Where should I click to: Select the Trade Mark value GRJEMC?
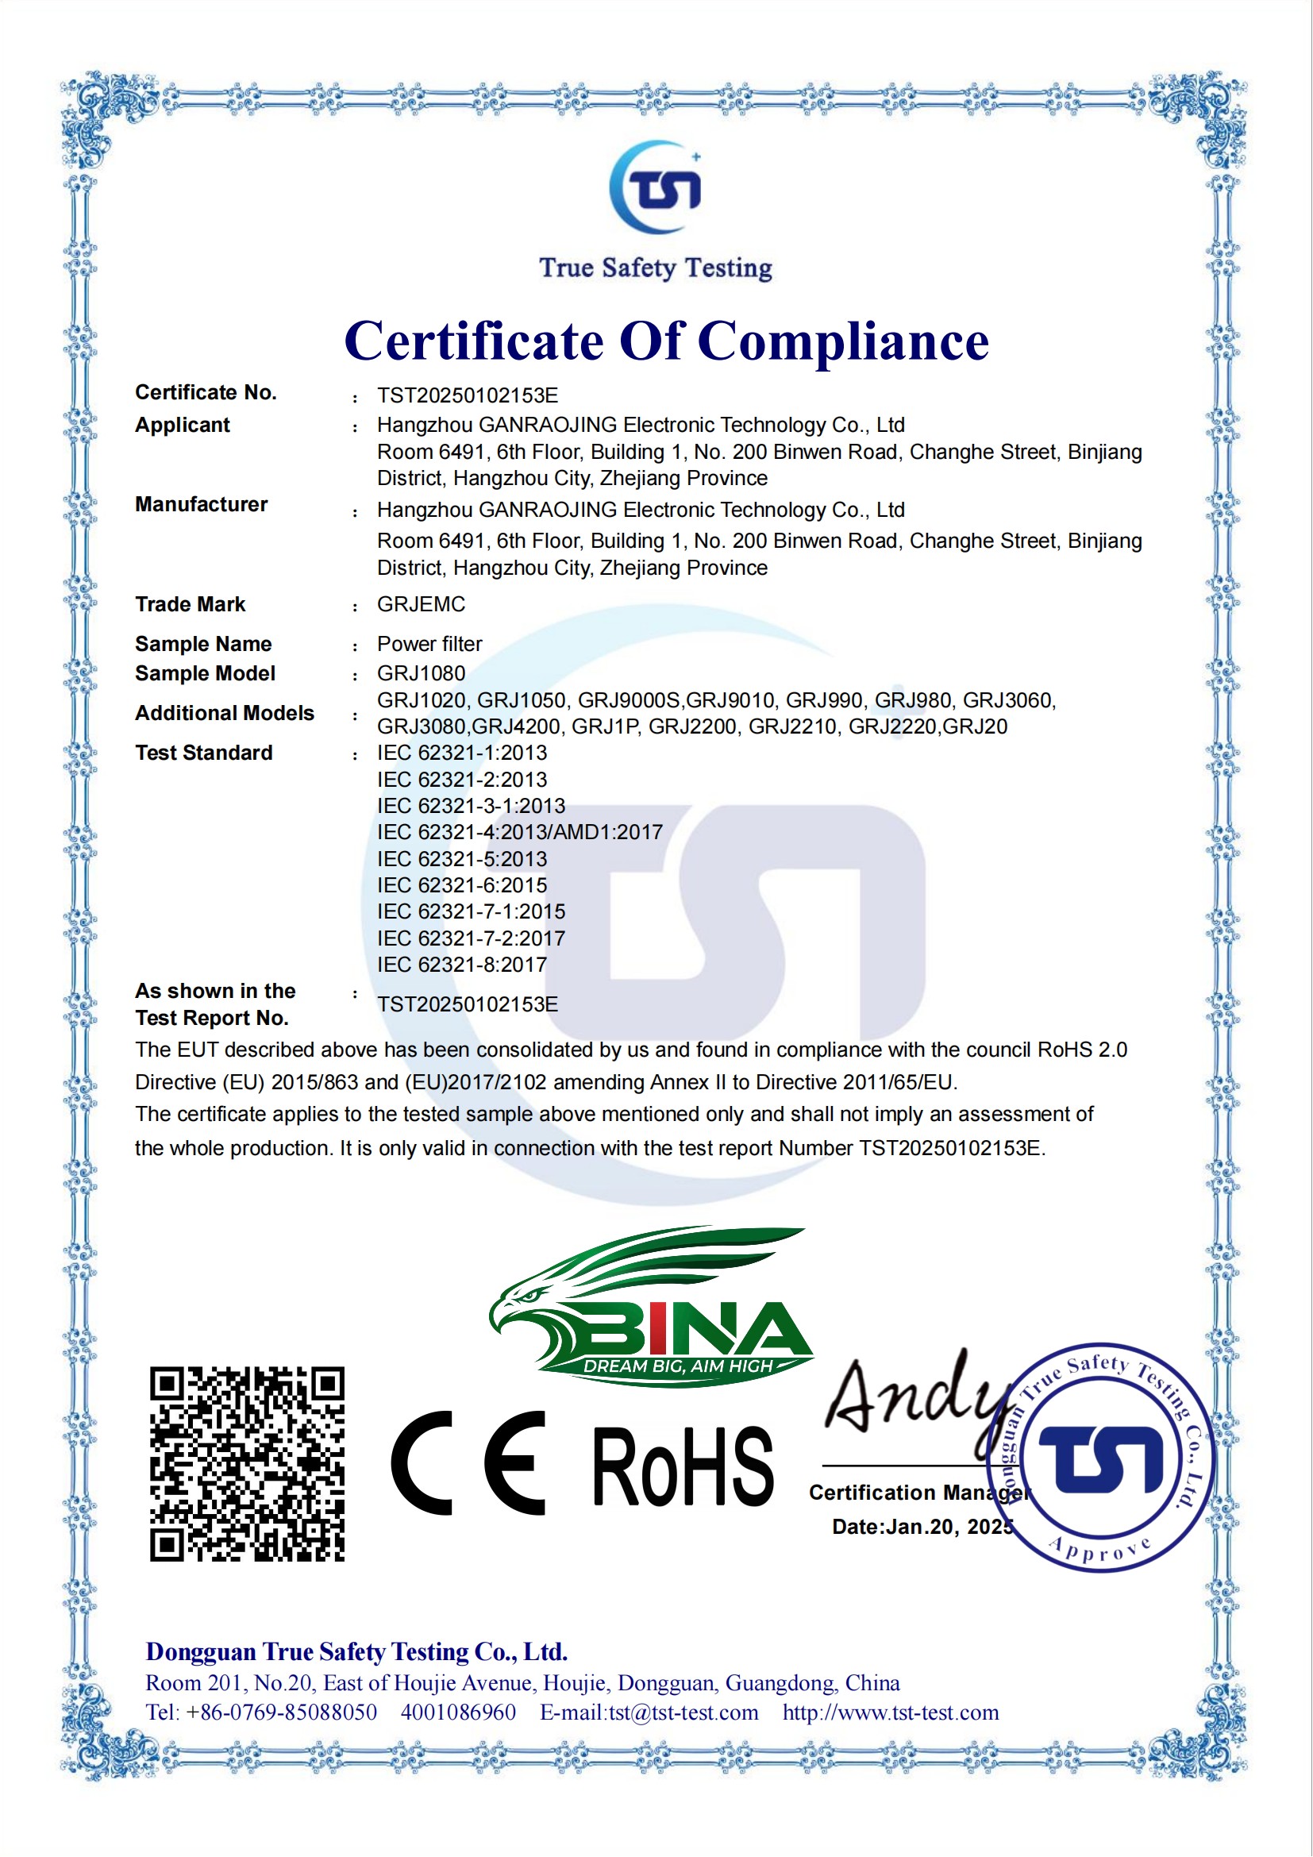(x=421, y=604)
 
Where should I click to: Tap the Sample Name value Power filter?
(x=429, y=644)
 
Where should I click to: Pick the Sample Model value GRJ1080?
(x=421, y=673)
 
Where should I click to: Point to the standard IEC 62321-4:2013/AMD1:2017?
(x=519, y=831)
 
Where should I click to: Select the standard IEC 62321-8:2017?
(x=462, y=964)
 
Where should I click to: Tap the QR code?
(x=247, y=1464)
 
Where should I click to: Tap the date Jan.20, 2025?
(x=950, y=1526)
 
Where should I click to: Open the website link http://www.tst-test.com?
(x=890, y=1713)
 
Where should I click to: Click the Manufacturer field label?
(x=201, y=504)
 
